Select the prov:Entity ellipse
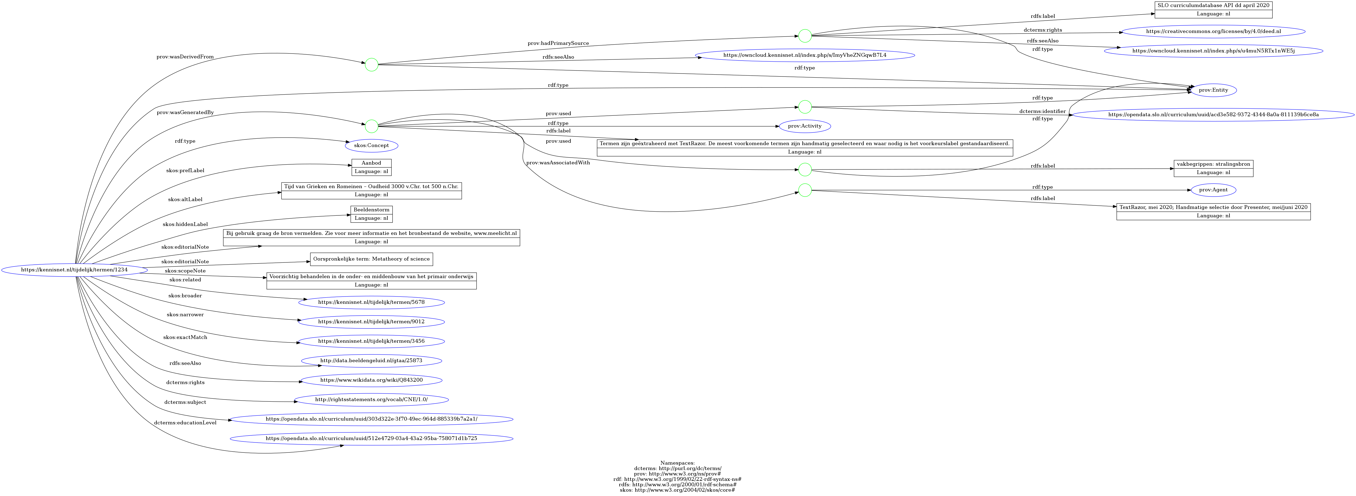tap(1213, 90)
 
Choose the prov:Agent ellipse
tap(1213, 190)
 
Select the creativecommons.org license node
tap(1213, 32)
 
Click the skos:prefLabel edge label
tap(185, 171)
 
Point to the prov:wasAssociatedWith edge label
tap(558, 163)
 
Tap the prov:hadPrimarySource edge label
tap(558, 43)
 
